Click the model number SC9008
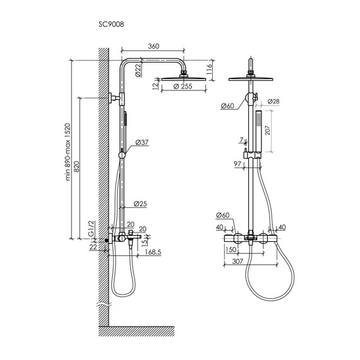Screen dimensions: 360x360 pos(111,24)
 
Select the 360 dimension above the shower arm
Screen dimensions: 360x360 pos(153,46)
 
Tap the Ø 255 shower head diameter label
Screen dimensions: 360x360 pos(183,87)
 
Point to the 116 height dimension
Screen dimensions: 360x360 pos(209,69)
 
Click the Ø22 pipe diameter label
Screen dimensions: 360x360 pos(138,70)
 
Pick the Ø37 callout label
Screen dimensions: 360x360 pos(142,142)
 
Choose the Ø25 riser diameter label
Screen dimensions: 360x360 pos(140,203)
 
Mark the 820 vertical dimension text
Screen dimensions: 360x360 pos(76,167)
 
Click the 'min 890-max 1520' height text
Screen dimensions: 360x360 pos(68,152)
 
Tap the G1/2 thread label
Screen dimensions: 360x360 pos(92,229)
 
